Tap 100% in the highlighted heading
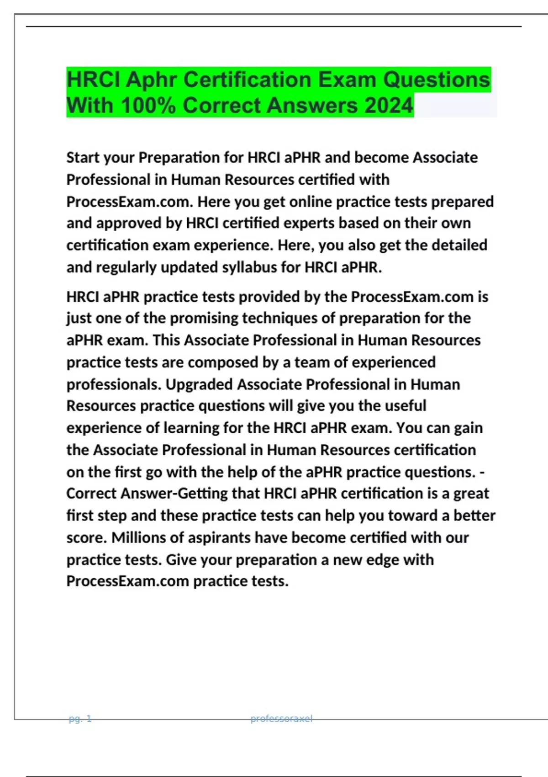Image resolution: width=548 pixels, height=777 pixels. click(148, 106)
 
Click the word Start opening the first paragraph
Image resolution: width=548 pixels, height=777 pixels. click(83, 157)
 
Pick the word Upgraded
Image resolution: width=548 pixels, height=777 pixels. click(199, 384)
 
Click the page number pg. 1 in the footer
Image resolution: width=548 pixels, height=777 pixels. click(80, 718)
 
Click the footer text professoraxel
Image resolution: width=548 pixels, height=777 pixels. click(281, 718)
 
